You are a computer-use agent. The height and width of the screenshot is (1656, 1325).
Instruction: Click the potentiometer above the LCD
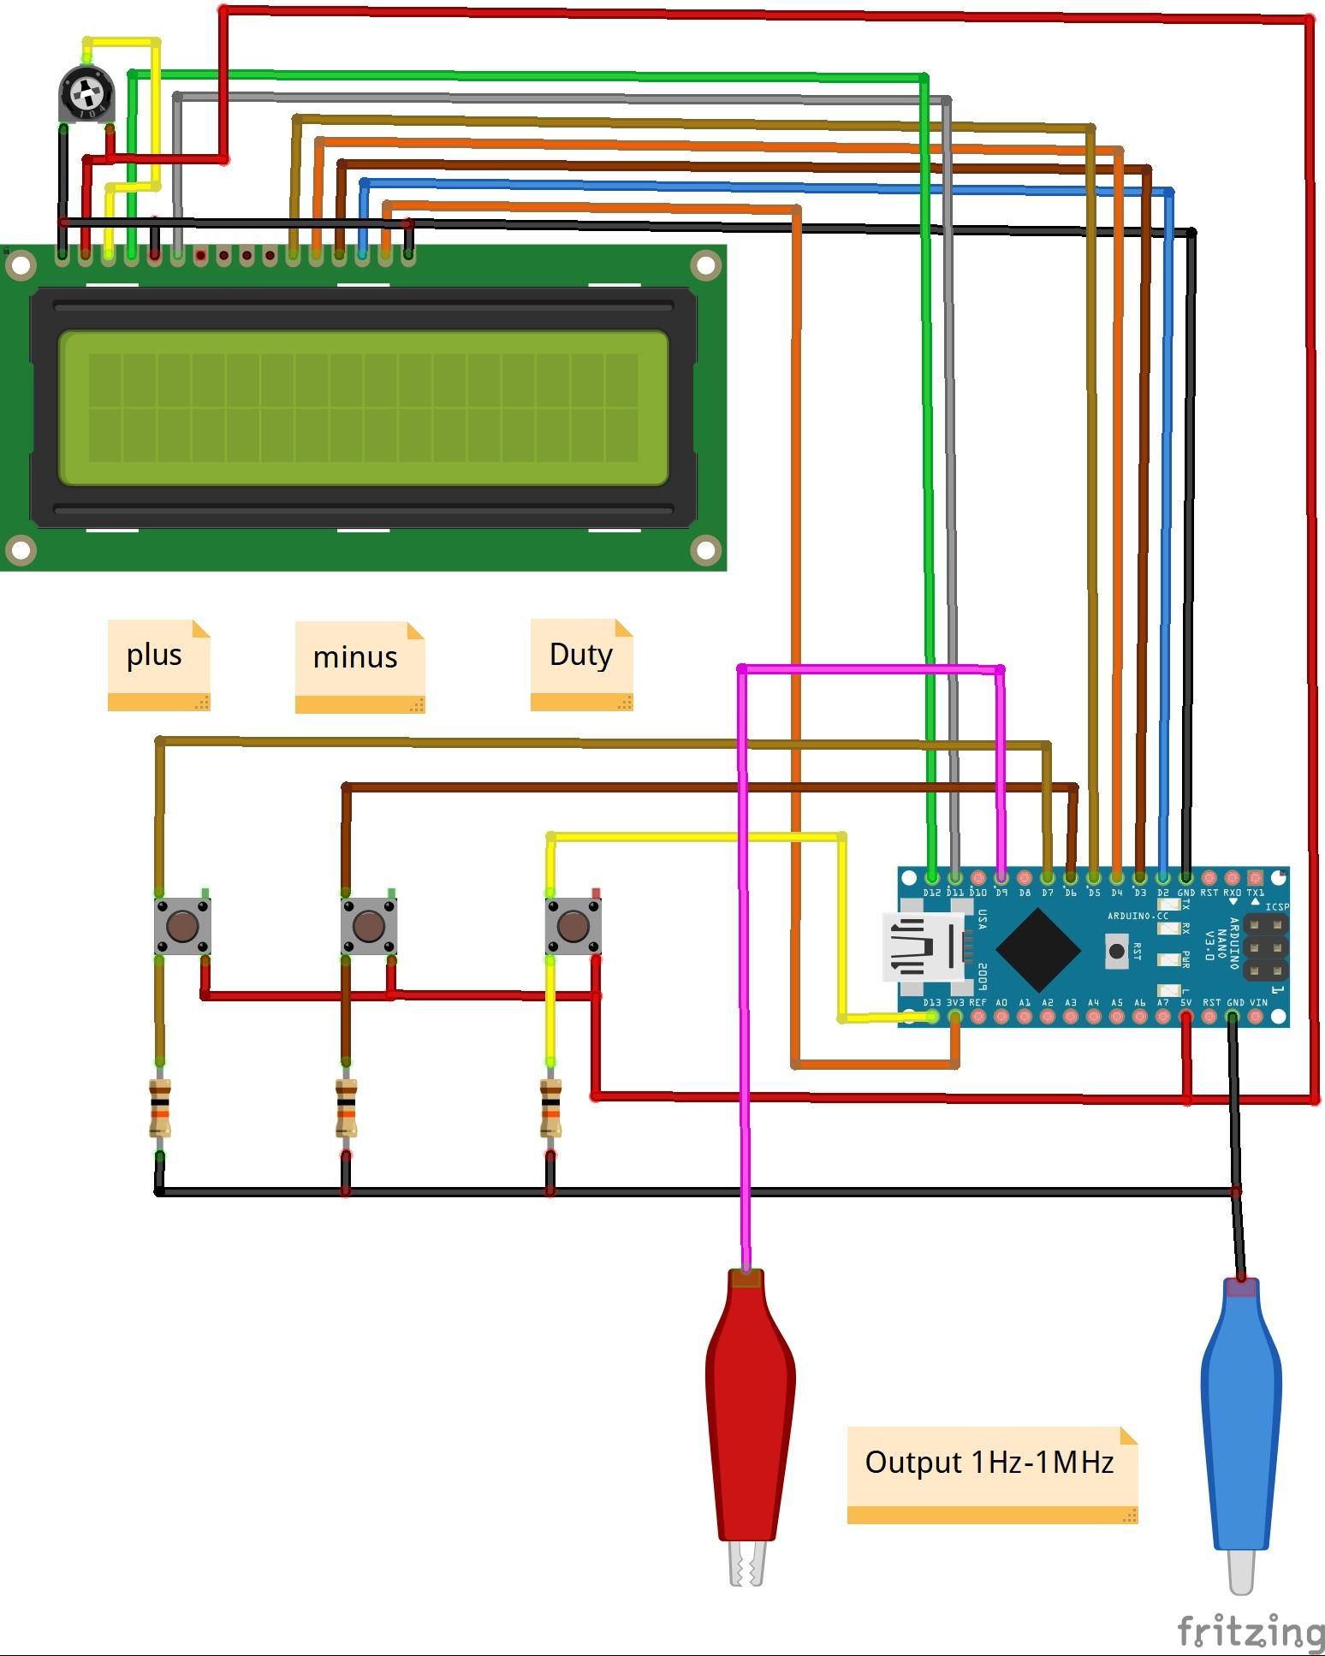[x=86, y=93]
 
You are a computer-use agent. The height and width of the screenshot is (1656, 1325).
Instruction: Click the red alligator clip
[x=750, y=1412]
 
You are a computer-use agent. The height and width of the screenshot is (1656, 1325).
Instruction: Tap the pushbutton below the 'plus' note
[x=182, y=925]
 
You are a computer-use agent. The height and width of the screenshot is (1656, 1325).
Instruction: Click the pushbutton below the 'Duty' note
[x=573, y=925]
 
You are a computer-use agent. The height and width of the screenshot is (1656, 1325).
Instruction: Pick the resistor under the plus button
[x=160, y=1108]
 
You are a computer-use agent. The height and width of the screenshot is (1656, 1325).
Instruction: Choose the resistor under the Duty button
[x=550, y=1108]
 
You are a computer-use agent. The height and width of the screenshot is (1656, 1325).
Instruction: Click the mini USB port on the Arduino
[x=920, y=948]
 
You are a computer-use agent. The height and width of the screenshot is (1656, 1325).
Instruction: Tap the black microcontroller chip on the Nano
[x=1038, y=949]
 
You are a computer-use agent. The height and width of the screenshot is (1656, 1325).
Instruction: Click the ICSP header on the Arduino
[x=1265, y=947]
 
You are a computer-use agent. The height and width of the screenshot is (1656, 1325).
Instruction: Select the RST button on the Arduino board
[x=1116, y=951]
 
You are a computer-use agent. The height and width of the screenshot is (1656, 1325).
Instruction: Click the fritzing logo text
[x=1250, y=1631]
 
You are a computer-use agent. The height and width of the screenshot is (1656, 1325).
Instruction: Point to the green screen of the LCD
[x=363, y=407]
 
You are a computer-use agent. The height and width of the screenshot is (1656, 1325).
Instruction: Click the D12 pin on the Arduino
[x=932, y=877]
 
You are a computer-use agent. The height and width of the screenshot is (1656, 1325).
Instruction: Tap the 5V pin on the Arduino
[x=1185, y=1017]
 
